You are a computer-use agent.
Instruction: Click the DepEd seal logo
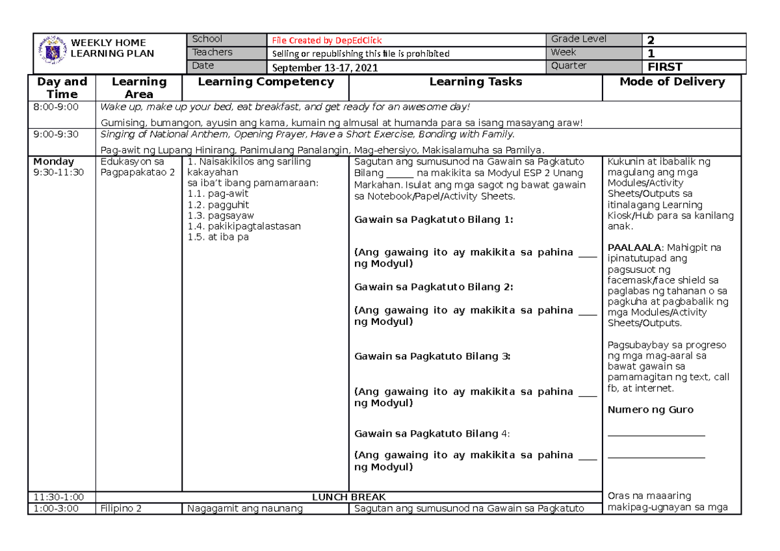point(51,49)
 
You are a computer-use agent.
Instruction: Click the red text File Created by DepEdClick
point(327,40)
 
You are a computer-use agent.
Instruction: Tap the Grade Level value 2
point(651,40)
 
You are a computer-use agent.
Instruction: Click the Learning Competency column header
point(265,82)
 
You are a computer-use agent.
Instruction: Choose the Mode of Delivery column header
point(671,82)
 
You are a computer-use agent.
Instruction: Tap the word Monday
point(53,161)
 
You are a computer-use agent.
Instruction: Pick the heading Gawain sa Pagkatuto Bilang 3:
point(432,356)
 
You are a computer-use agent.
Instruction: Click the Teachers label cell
point(212,53)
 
